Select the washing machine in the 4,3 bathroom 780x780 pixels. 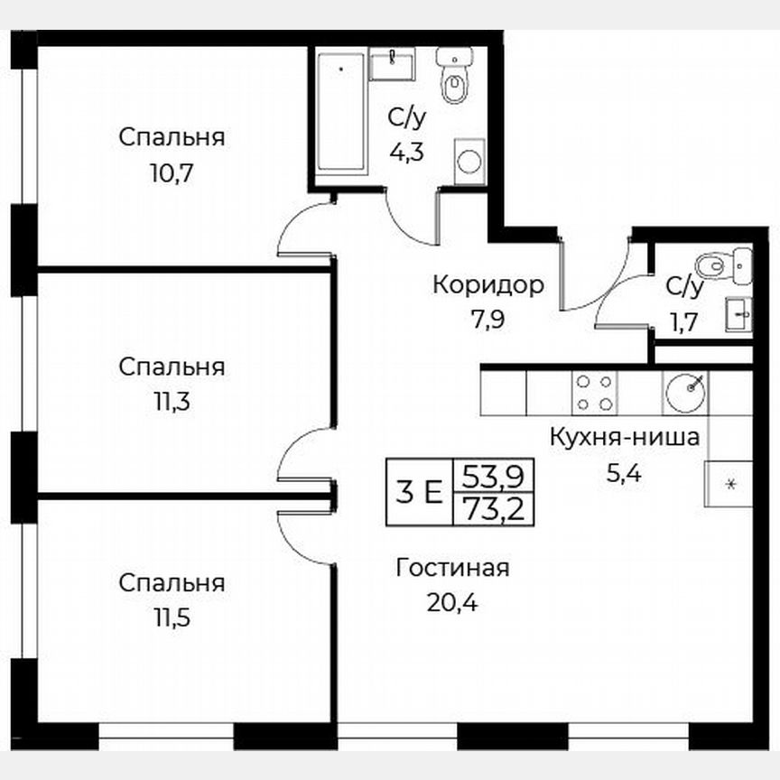[469, 161]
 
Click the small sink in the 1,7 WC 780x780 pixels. [739, 315]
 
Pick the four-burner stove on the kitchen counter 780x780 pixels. [595, 393]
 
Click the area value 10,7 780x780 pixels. [172, 171]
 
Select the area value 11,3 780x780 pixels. [172, 401]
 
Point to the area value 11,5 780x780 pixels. [172, 617]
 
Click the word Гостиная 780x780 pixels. [452, 568]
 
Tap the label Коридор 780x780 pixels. [487, 286]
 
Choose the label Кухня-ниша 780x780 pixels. [625, 439]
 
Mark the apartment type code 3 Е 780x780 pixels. [418, 493]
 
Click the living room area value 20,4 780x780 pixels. [451, 600]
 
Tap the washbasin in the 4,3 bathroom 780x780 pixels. [394, 63]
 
